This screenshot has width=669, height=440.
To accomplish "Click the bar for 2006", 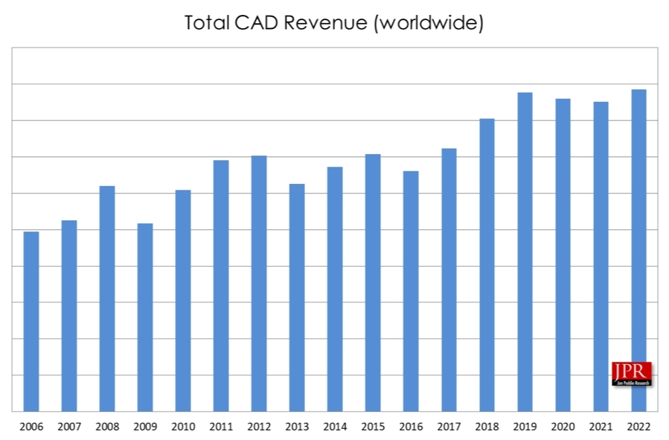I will tap(31, 321).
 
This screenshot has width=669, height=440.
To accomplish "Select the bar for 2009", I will tap(145, 317).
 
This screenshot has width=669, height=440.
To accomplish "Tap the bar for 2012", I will tap(259, 283).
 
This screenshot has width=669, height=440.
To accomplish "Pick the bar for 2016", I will tap(411, 291).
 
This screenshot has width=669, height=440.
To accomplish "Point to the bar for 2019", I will tap(525, 252).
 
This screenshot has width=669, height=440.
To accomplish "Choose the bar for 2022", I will tap(638, 250).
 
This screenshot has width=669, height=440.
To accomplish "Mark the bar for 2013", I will tap(297, 297).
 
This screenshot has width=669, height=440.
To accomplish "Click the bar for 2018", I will tap(487, 264).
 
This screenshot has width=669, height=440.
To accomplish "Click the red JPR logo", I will tap(631, 373).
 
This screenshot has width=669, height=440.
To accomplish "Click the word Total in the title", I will tap(207, 23).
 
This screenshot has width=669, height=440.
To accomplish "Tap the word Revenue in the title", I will tap(329, 23).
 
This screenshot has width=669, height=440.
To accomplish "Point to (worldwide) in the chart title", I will tap(429, 23).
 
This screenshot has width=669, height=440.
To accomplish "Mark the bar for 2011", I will tap(221, 285).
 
